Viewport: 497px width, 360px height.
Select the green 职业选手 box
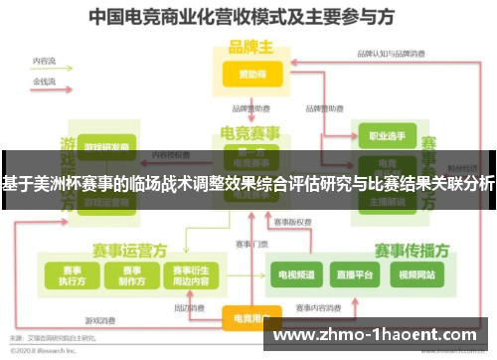pyautogui.click(x=381, y=133)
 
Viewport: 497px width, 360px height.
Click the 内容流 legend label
pyautogui.click(x=44, y=62)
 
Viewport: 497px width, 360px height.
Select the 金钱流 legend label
pyautogui.click(x=44, y=80)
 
